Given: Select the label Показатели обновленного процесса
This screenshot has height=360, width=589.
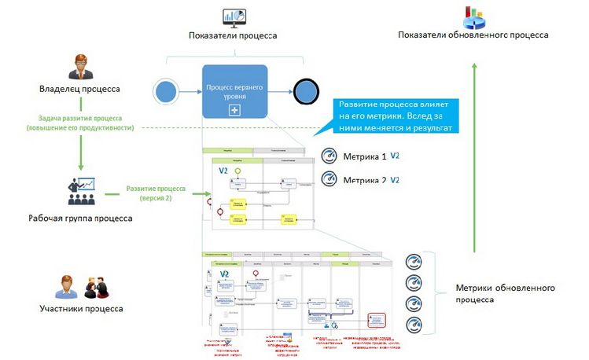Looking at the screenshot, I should [x=473, y=35].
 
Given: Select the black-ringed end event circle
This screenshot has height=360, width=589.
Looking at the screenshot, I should [x=303, y=92].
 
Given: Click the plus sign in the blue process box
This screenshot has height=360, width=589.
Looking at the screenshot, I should [x=234, y=110].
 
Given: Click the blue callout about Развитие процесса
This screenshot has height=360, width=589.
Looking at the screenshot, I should [x=397, y=115].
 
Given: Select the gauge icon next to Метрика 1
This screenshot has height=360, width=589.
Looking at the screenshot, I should [x=330, y=156].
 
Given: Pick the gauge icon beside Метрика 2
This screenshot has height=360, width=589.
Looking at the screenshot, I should [x=330, y=179].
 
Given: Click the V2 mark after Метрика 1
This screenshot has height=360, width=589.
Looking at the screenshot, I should [x=395, y=156].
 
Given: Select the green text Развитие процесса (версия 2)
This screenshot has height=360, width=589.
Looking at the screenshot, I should [x=156, y=193].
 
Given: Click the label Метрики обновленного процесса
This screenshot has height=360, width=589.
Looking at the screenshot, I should [x=506, y=293].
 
